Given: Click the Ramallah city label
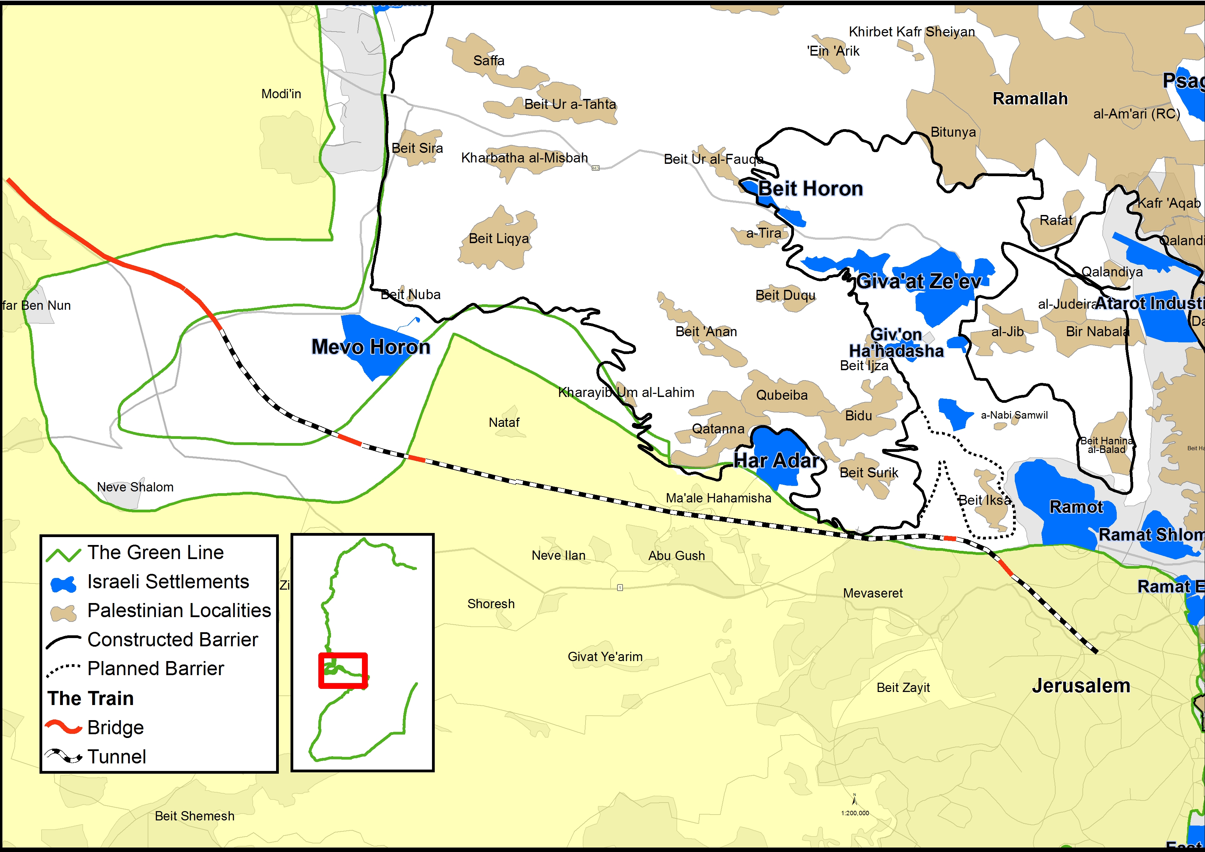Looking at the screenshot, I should pyautogui.click(x=1030, y=99).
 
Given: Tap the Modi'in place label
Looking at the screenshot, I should pyautogui.click(x=281, y=94).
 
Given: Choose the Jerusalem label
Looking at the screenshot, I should pyautogui.click(x=1081, y=685).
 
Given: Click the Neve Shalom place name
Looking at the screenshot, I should pyautogui.click(x=135, y=487).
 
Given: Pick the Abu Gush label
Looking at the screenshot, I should pyautogui.click(x=677, y=555).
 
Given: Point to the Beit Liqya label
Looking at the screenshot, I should pyautogui.click(x=499, y=238).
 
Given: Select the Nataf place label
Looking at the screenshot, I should pyautogui.click(x=504, y=422).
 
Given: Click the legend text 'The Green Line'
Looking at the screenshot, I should pyautogui.click(x=155, y=552).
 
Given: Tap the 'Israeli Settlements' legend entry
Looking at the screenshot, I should pyautogui.click(x=168, y=582).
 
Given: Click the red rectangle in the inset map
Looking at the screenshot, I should pyautogui.click(x=343, y=670).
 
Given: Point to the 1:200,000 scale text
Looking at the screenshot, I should pyautogui.click(x=855, y=813).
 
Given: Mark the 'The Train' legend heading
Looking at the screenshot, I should pyautogui.click(x=90, y=698).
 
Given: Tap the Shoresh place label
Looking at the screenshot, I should pyautogui.click(x=491, y=604).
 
